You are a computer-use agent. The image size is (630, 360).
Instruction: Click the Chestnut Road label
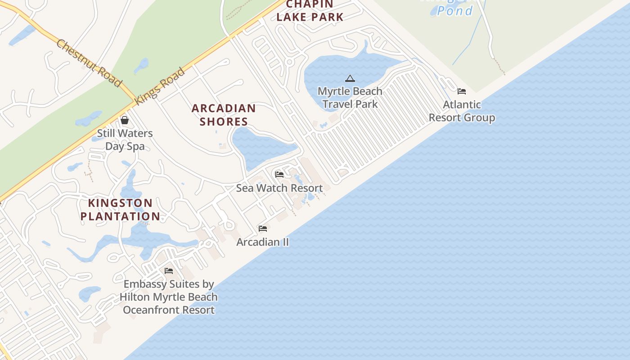point(89,63)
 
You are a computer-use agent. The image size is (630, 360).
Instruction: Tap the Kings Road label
point(160,86)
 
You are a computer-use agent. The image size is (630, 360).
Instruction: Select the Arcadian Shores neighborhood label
point(224,115)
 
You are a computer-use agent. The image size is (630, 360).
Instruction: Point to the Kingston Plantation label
point(120,210)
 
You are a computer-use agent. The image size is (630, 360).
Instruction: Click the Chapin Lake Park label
point(310,11)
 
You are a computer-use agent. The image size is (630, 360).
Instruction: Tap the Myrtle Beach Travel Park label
point(350,98)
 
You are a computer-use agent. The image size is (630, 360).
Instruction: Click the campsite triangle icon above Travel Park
point(350,79)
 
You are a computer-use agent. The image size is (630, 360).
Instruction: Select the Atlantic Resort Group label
point(462,111)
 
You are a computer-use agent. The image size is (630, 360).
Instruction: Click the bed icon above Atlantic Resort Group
point(462,91)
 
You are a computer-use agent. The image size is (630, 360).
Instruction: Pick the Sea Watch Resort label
point(279,188)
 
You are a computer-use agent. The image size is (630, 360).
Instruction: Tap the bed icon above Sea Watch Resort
point(279,175)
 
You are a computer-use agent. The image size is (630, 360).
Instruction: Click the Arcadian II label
point(263,242)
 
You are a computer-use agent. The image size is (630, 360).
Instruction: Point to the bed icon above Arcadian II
point(263,229)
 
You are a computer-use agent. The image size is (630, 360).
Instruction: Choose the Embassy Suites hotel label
point(169,297)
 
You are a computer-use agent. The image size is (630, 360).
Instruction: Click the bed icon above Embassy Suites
point(169,271)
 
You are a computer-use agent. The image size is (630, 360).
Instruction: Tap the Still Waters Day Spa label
point(125,139)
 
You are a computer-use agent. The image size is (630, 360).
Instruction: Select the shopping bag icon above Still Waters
point(125,120)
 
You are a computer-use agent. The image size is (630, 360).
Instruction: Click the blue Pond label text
point(454,11)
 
